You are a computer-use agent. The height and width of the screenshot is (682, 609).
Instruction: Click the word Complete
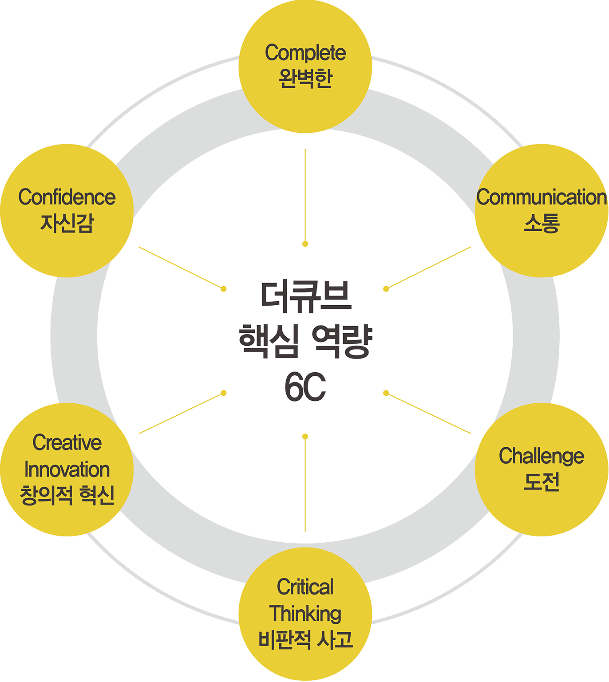[x=305, y=53]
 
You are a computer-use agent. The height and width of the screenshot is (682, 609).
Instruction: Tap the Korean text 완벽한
[x=305, y=79]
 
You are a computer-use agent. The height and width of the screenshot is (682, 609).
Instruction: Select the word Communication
[x=542, y=197]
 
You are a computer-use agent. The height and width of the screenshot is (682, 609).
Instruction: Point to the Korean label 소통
[x=542, y=223]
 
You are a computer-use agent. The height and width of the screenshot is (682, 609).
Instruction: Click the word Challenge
[x=542, y=456]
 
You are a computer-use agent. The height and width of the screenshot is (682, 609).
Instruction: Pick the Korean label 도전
[x=542, y=482]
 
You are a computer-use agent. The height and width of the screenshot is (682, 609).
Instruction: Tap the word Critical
[x=305, y=587]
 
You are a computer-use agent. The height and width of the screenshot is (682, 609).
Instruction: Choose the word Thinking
[x=305, y=614]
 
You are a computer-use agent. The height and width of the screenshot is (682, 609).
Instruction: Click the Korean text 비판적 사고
[x=305, y=639]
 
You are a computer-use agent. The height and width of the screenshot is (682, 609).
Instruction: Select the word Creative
[x=67, y=443]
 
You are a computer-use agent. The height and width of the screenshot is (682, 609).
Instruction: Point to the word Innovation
[x=67, y=469]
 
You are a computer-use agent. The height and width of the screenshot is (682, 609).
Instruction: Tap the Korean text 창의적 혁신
[x=67, y=495]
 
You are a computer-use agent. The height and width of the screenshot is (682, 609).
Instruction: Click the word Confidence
[x=67, y=197]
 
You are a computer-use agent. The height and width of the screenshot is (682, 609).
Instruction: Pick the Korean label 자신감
[x=67, y=223]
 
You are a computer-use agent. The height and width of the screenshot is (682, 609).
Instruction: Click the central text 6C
[x=305, y=387]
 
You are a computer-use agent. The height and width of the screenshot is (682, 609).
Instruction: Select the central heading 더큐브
[x=305, y=296]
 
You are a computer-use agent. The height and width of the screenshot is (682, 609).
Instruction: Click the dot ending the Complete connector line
[x=305, y=244]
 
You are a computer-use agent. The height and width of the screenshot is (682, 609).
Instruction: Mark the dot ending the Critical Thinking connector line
[x=305, y=437]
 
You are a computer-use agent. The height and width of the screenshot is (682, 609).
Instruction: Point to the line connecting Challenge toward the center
[x=429, y=413]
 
